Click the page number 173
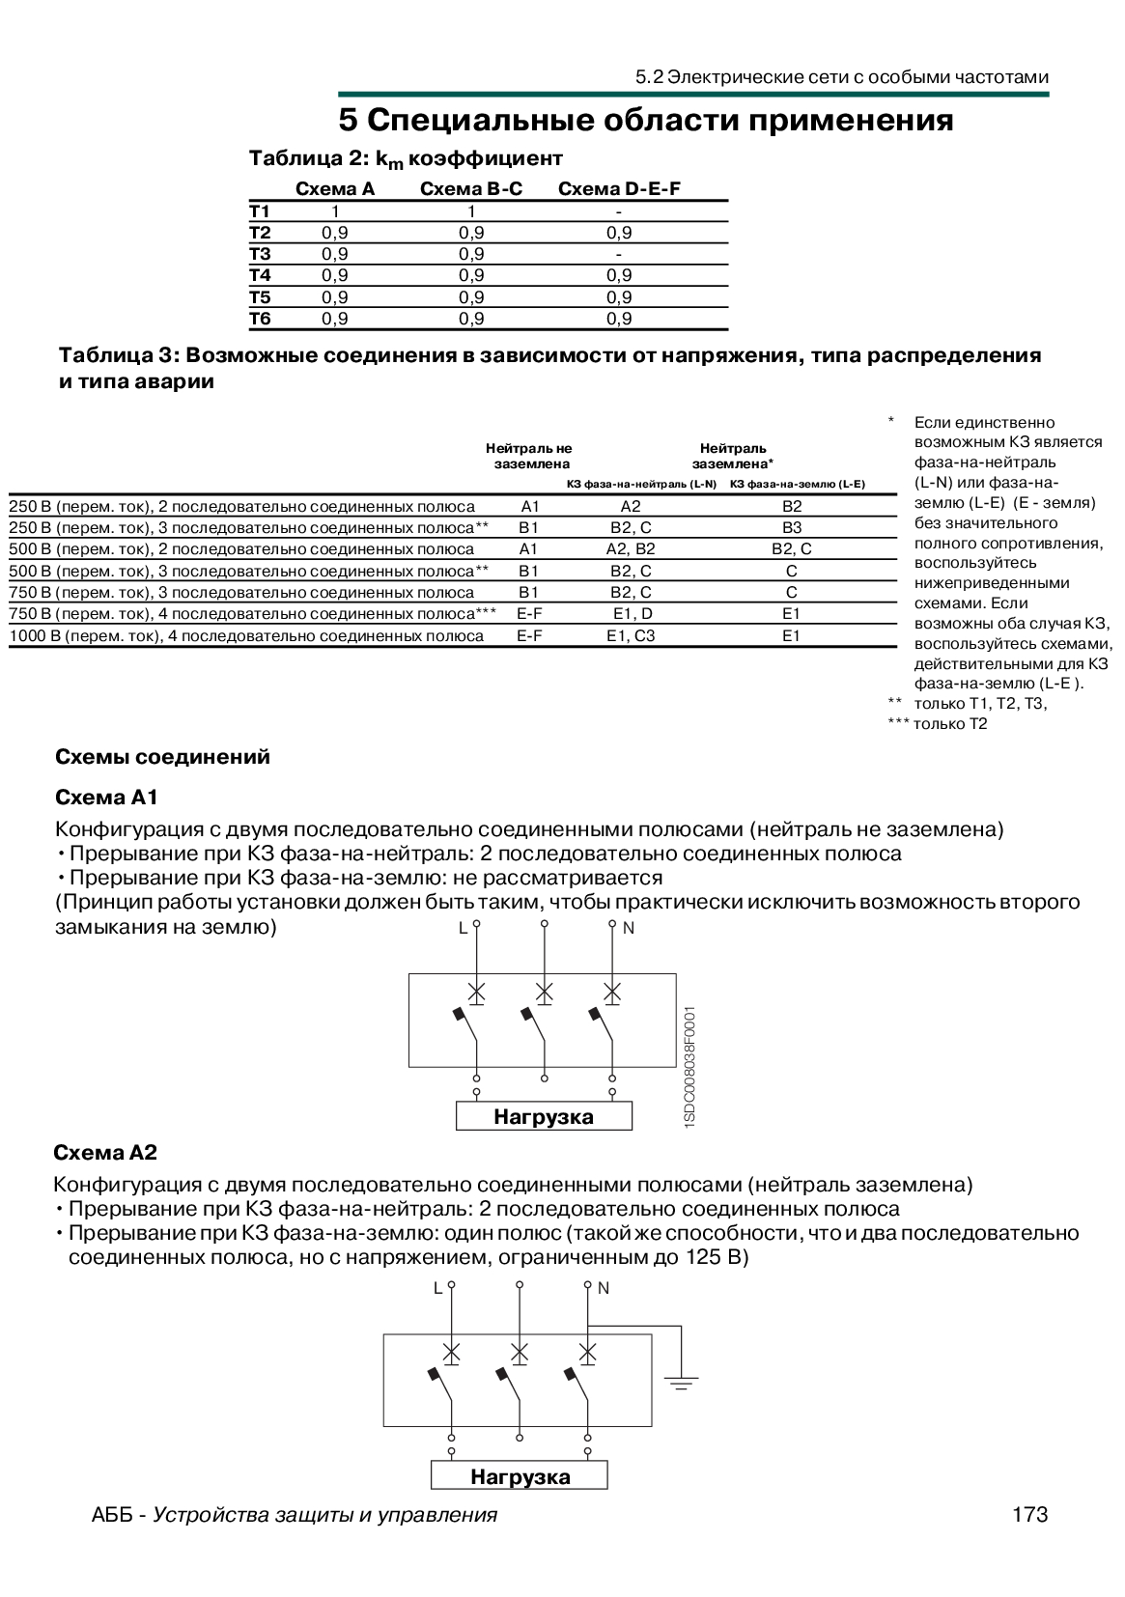tap(1029, 1514)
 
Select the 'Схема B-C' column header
tap(471, 189)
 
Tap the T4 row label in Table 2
tap(260, 275)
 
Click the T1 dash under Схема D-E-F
tap(618, 211)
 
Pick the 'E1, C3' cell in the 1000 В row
tap(631, 635)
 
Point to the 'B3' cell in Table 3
tap(792, 527)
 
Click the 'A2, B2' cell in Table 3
tap(631, 548)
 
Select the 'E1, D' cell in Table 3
tap(633, 613)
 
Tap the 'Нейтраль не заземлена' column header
tap(529, 456)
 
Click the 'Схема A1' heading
tap(106, 798)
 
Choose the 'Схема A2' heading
tap(105, 1153)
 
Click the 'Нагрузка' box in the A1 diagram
tap(544, 1116)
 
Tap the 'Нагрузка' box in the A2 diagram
tap(520, 1476)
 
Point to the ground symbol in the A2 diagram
tap(681, 1383)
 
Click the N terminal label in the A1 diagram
tap(629, 928)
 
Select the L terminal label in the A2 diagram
tap(437, 1288)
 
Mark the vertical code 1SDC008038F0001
tap(689, 1067)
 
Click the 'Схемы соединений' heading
tap(162, 757)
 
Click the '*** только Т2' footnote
tap(938, 723)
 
